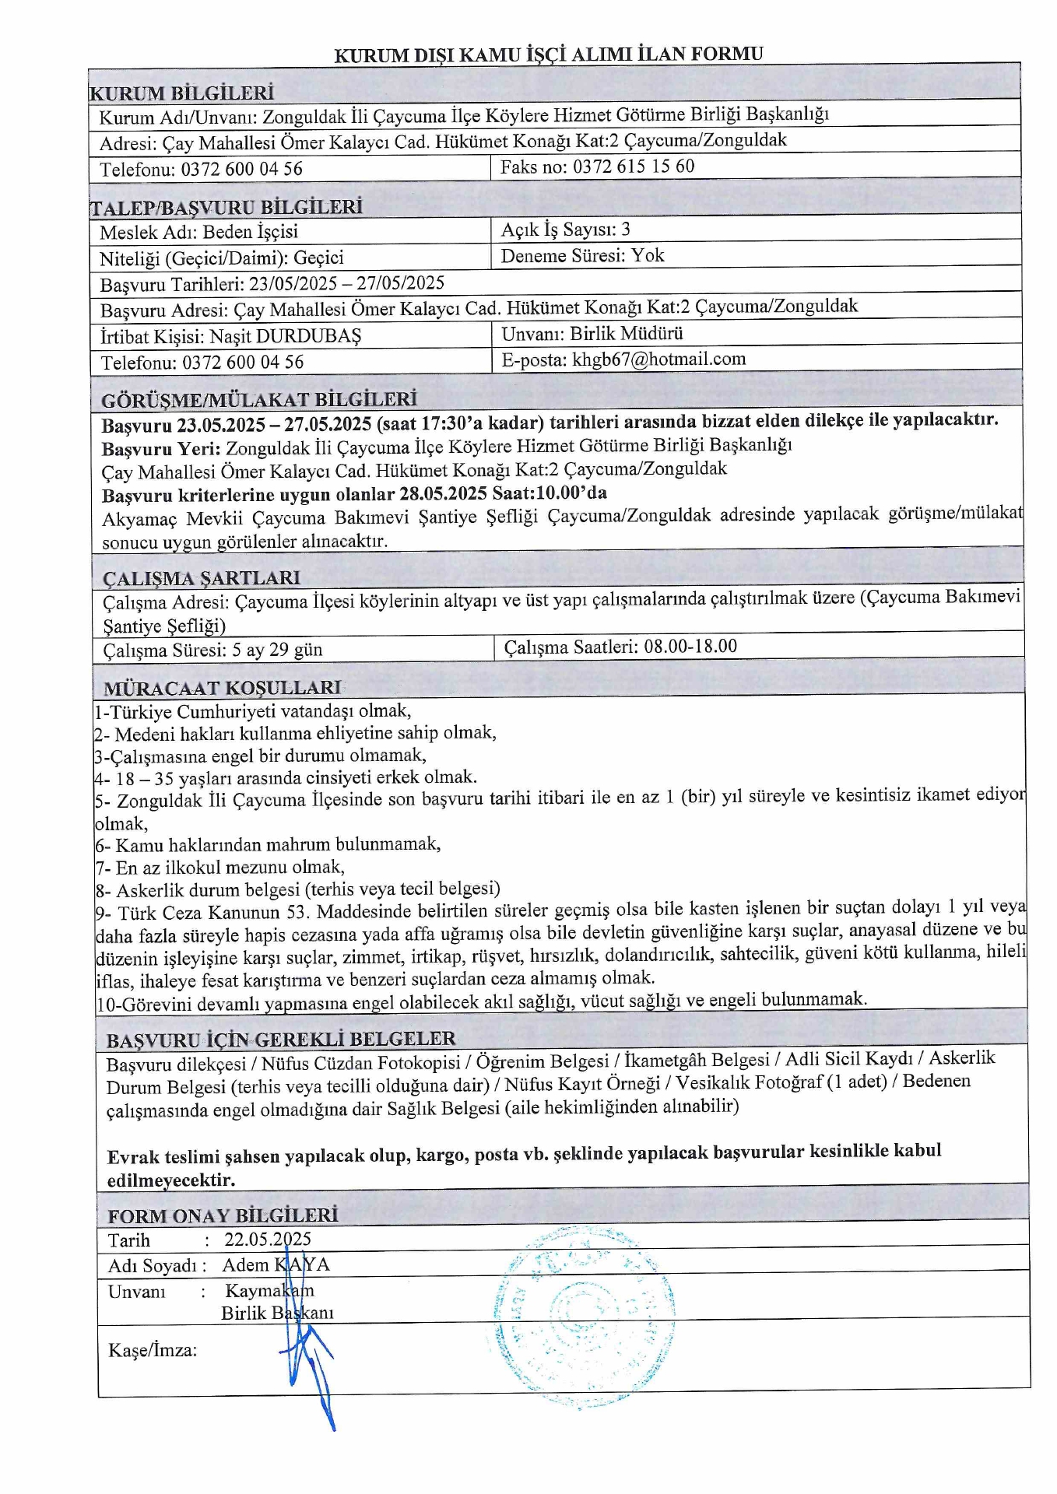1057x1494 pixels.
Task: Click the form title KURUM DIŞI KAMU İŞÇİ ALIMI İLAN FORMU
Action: [548, 54]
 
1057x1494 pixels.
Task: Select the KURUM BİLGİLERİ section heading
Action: [182, 93]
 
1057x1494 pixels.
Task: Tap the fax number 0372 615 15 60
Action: [634, 167]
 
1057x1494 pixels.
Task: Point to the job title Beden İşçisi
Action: [250, 232]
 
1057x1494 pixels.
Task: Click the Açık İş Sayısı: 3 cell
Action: [565, 230]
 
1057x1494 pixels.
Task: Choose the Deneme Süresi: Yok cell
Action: [582, 256]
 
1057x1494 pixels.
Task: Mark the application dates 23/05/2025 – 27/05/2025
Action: [346, 283]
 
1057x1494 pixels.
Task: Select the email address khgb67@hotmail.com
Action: [658, 359]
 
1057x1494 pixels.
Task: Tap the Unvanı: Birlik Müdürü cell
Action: [592, 334]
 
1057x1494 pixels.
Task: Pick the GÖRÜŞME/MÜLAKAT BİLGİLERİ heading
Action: [259, 400]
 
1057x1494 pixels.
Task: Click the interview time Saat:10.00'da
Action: [550, 493]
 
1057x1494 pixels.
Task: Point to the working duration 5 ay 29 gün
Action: [277, 651]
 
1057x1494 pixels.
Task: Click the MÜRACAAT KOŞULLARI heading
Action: [222, 689]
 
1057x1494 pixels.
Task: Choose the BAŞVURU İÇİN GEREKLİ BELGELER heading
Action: [281, 1040]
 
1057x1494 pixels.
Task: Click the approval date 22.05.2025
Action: [268, 1240]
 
